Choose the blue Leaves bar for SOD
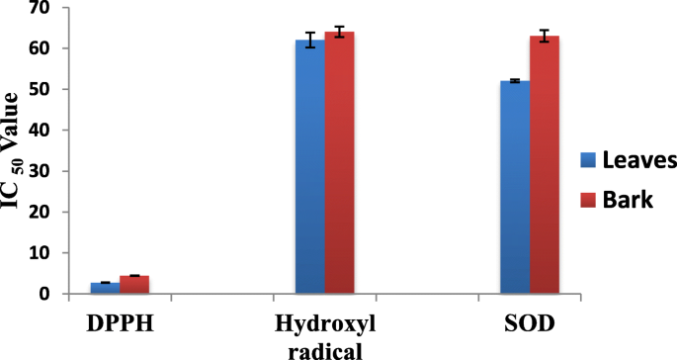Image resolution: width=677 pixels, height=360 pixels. [x=514, y=187]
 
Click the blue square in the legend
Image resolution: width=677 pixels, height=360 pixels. [x=586, y=160]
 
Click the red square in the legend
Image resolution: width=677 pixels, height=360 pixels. [x=586, y=199]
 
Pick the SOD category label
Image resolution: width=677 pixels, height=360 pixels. [x=529, y=323]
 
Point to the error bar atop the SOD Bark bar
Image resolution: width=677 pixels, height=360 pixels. [x=544, y=37]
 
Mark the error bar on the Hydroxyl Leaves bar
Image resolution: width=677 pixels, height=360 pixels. [x=310, y=41]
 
